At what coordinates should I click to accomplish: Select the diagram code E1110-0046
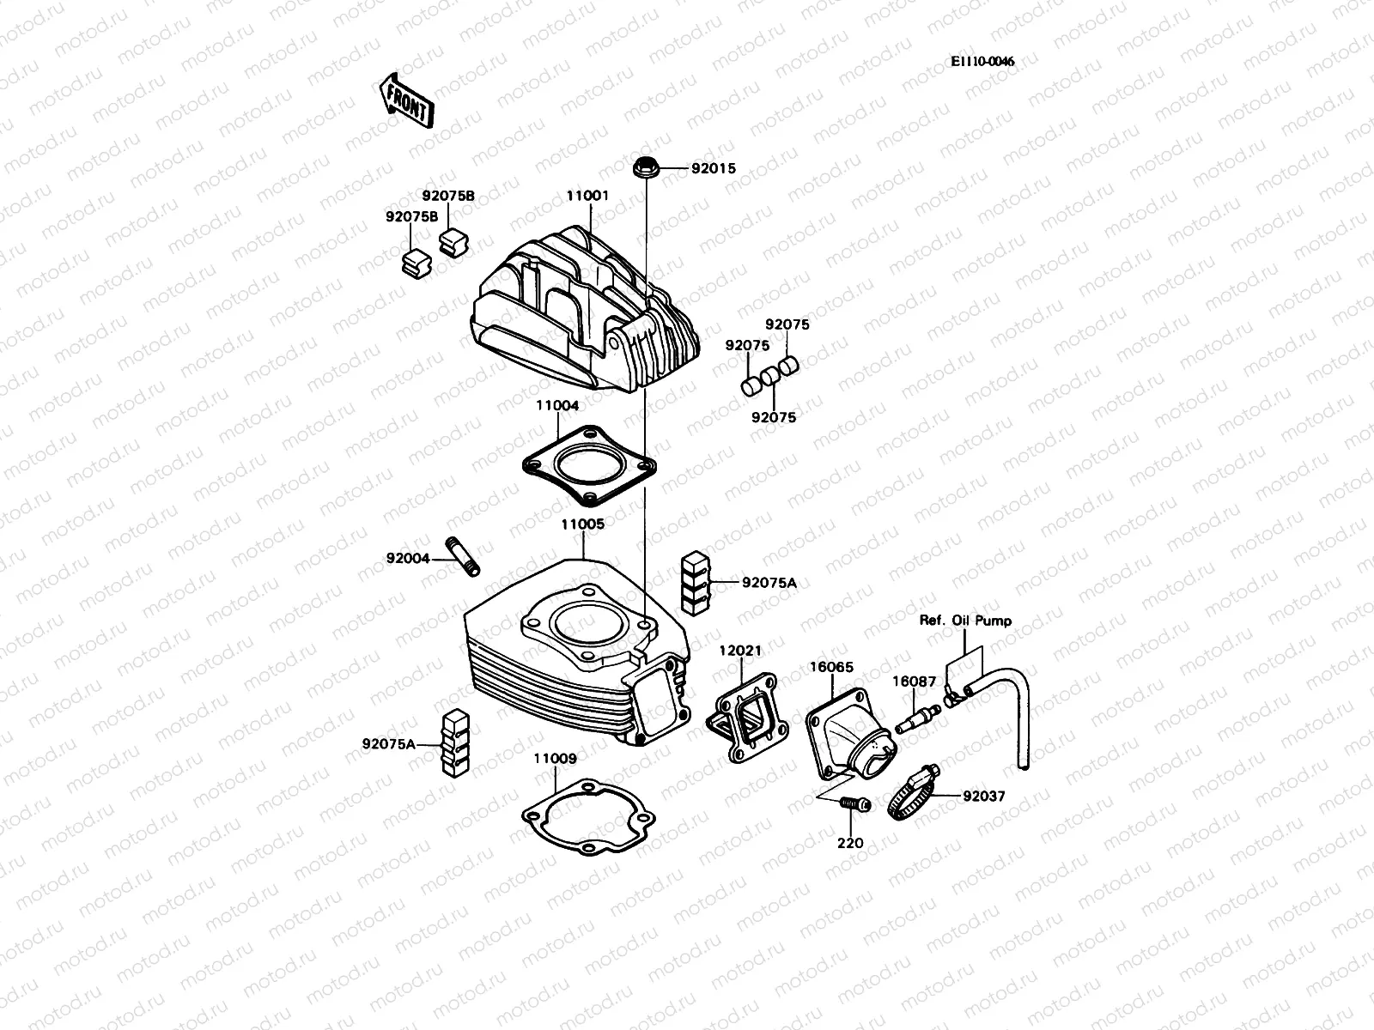pos(982,62)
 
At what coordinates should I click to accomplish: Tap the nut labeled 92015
pos(645,168)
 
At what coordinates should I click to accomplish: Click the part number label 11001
pos(587,196)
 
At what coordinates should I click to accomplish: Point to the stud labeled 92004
pos(462,555)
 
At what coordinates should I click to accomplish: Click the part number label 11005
pos(582,524)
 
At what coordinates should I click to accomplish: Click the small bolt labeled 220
pos(854,804)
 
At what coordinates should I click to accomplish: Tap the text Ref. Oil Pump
pos(965,621)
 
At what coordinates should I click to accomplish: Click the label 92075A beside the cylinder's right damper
pos(769,583)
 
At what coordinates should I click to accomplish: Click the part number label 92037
pos(983,797)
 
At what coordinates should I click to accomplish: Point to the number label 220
pos(850,844)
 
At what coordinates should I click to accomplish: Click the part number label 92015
pos(714,169)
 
